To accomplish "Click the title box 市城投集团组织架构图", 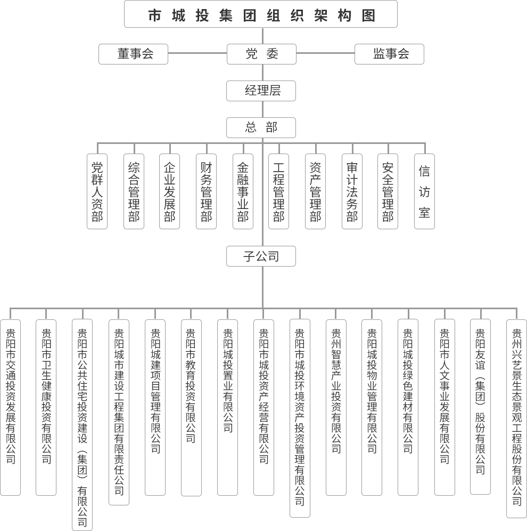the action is [261, 14].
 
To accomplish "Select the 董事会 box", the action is [133, 54].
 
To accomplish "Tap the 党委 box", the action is [261, 54].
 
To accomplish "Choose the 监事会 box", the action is [389, 54].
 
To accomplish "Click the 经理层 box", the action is [261, 91].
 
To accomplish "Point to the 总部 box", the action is [261, 127].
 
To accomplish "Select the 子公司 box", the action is [261, 256].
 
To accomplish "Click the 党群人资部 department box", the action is [97, 191].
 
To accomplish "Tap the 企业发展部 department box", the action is [169, 191].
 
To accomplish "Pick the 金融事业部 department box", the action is [243, 191].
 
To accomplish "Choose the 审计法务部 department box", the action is [352, 191].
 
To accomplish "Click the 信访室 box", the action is [424, 191].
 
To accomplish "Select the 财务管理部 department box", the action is [206, 191].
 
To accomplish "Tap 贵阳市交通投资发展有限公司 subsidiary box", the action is [11, 407].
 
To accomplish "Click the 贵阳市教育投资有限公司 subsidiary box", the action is [191, 408].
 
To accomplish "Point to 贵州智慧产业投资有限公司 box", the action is [336, 407].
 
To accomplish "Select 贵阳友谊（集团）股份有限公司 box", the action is [480, 407].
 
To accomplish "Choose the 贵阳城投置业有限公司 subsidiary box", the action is [227, 407].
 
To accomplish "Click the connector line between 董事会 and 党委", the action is [197, 53].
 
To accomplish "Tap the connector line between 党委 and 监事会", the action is [326, 53].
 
